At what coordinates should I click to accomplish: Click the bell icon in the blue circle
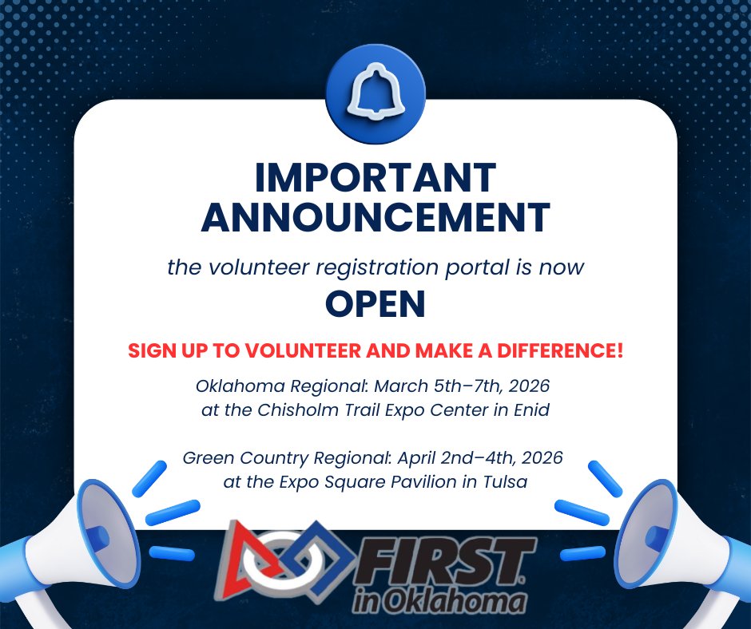pos(375,95)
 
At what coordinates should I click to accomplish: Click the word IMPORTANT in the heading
pos(375,178)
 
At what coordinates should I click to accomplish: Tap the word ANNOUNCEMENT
pos(375,217)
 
